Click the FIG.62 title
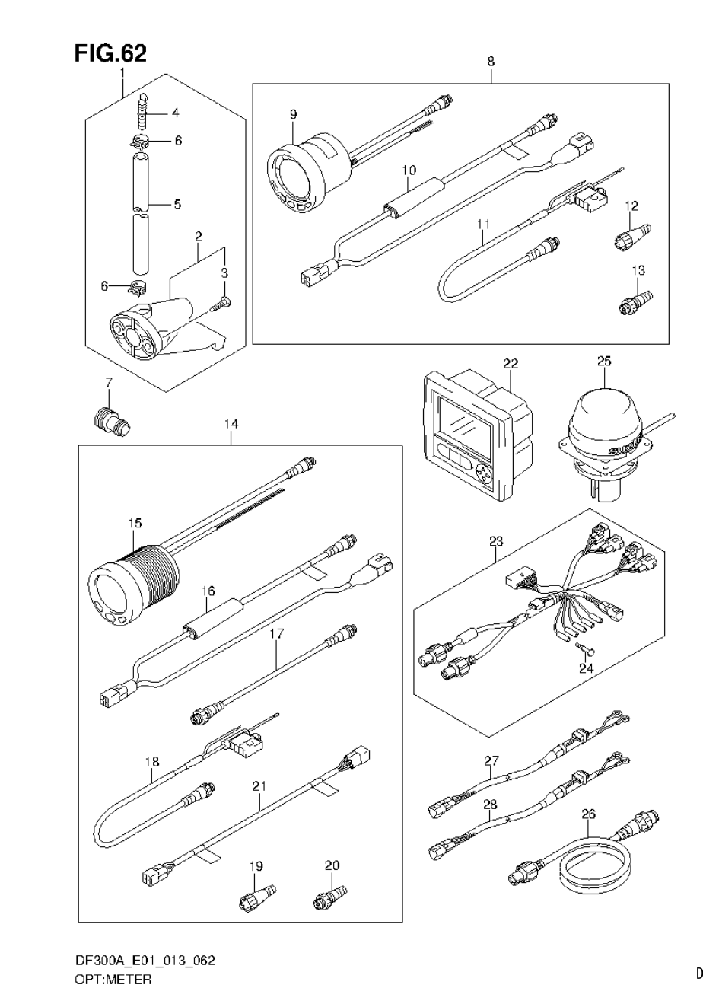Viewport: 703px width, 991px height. click(110, 53)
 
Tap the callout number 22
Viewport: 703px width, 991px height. click(510, 365)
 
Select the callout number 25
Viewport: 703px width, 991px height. click(603, 361)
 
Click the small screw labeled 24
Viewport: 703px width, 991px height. click(587, 648)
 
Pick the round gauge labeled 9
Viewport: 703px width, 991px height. click(301, 175)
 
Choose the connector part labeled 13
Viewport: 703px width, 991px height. click(634, 301)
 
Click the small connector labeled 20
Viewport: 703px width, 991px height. click(329, 897)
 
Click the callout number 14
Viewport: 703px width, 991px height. click(231, 423)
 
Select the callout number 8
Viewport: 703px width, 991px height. click(491, 61)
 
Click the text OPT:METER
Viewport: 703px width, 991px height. click(113, 979)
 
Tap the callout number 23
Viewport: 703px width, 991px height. click(496, 543)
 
